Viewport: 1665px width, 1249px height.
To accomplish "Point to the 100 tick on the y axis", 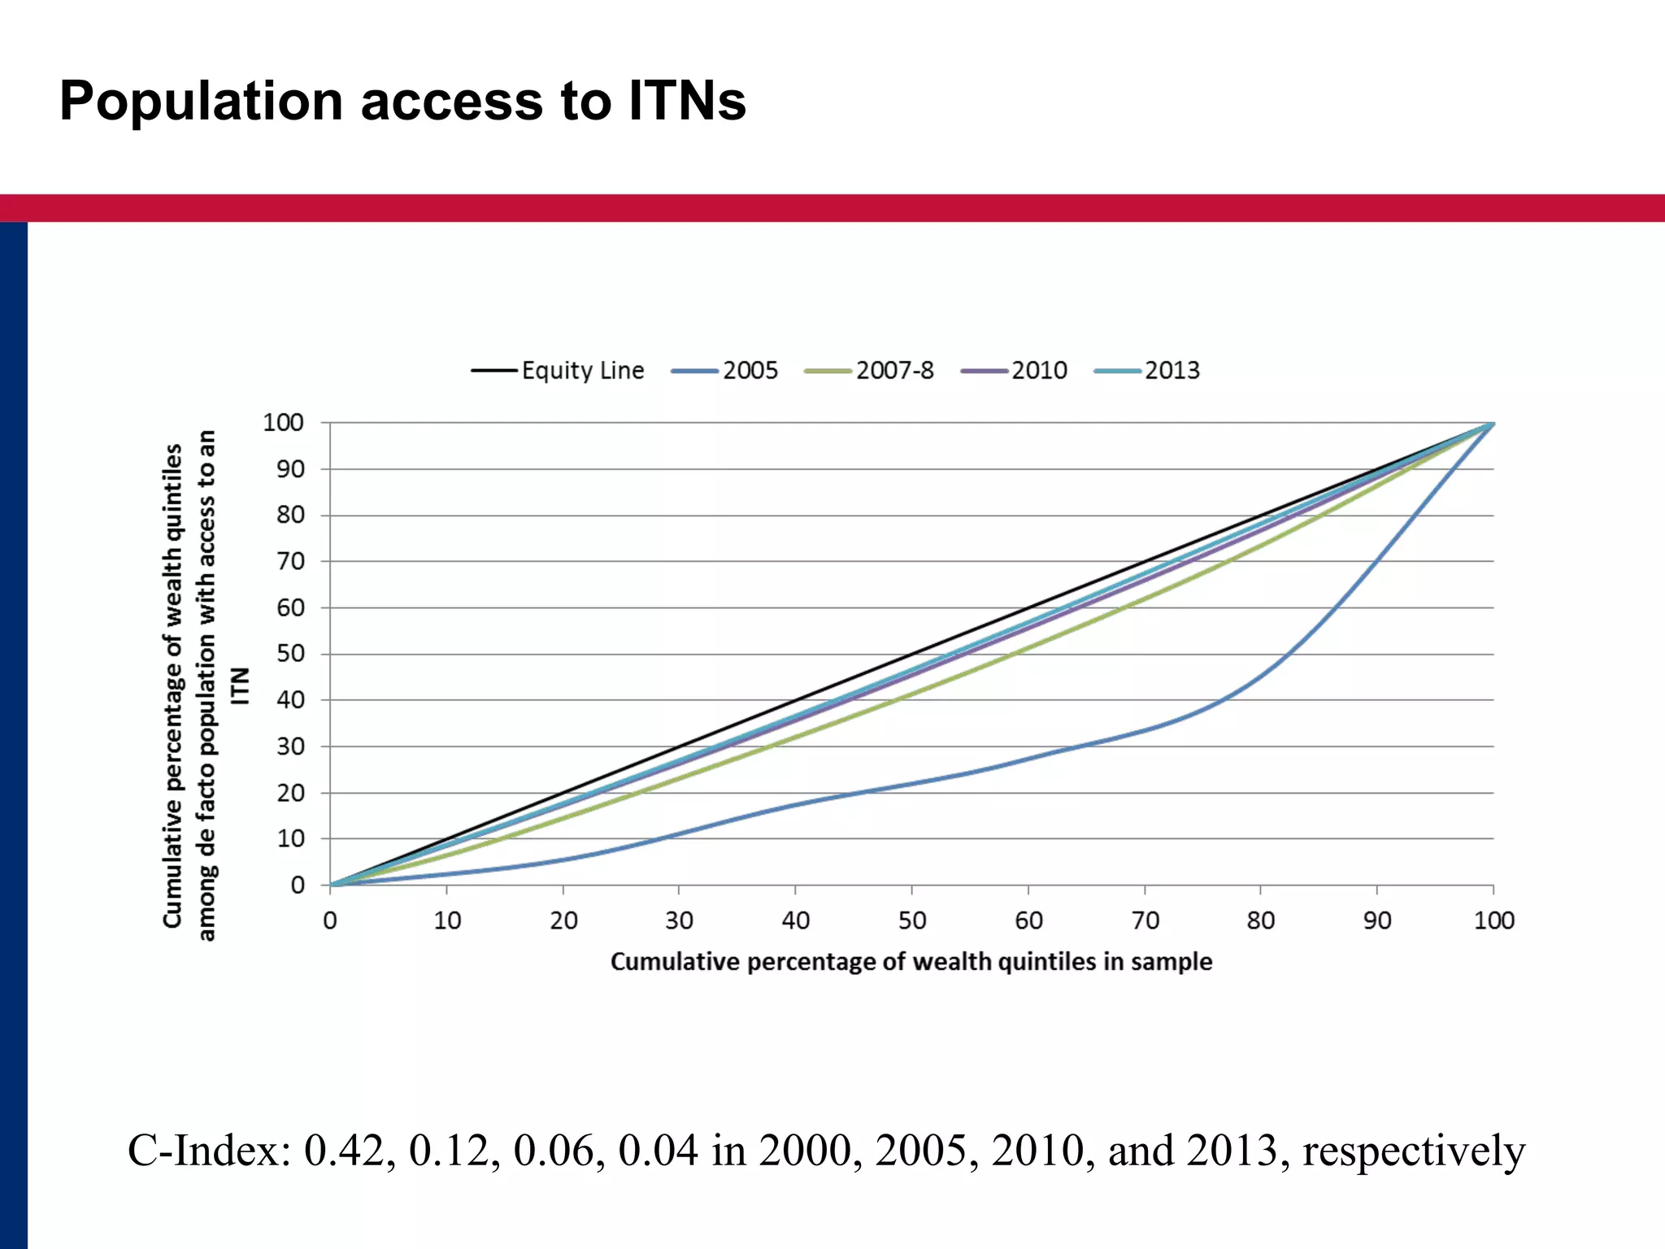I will [283, 423].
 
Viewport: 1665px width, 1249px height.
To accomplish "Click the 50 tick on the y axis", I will [290, 654].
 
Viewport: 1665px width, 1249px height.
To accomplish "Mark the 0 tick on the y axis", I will [298, 885].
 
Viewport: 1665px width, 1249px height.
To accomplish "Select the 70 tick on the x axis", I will [1145, 920].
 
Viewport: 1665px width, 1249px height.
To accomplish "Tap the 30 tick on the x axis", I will [679, 920].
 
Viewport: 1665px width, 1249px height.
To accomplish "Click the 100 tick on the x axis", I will [1493, 920].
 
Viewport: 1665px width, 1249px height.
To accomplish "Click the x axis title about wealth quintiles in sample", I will [911, 962].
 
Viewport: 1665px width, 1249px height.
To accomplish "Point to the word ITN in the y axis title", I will [240, 685].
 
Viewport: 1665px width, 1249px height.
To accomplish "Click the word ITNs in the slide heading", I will [686, 101].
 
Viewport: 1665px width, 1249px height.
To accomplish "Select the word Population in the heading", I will [201, 101].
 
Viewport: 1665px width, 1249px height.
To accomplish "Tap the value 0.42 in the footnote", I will [350, 1151].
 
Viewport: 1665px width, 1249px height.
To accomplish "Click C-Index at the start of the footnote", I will [208, 1151].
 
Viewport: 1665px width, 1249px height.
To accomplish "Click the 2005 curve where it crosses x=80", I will [1261, 677].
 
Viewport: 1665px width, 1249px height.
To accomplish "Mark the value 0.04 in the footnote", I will [658, 1151].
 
